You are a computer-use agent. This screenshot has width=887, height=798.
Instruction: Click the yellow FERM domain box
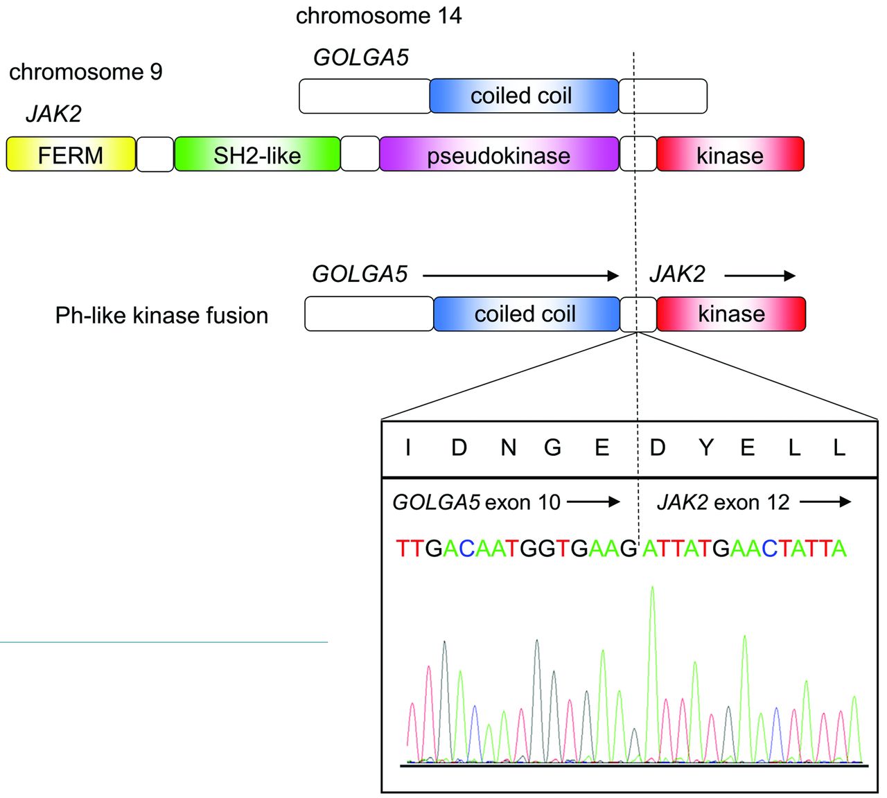tap(71, 154)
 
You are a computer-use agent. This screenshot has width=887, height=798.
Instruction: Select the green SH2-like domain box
tap(257, 154)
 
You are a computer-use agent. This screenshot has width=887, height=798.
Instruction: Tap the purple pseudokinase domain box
tap(499, 154)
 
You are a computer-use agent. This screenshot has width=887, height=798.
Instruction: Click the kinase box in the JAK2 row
tap(730, 154)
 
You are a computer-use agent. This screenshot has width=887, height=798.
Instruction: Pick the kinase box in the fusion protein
tap(731, 314)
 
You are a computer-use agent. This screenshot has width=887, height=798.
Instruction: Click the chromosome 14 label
tap(378, 15)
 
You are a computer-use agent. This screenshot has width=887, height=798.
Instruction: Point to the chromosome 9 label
tap(86, 71)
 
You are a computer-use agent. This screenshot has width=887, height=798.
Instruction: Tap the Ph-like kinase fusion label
tap(161, 315)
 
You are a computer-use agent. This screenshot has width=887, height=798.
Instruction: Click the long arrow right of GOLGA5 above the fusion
tap(520, 276)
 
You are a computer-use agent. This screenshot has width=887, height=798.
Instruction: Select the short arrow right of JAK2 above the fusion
tap(760, 276)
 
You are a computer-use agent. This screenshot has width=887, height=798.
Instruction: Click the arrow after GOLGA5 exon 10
tap(594, 502)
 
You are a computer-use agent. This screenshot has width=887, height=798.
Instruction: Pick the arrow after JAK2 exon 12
tap(825, 502)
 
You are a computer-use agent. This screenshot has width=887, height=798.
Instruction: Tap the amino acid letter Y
tap(705, 448)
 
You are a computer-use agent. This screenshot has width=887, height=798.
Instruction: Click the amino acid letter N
tap(509, 448)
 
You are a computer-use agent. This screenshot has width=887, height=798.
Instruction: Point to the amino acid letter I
tap(408, 448)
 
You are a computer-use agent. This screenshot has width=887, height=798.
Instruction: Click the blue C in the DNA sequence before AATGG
tap(466, 549)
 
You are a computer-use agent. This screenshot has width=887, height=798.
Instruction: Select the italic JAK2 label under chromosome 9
tap(53, 114)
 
